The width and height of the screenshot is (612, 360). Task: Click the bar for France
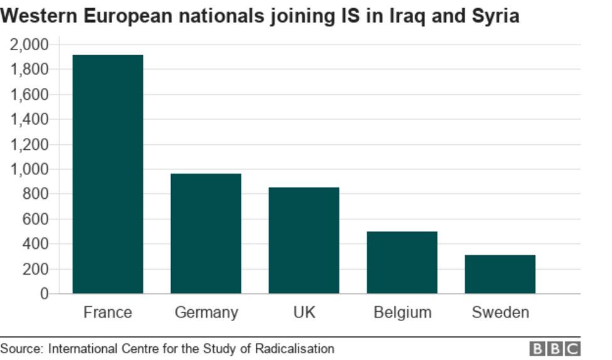pos(108,174)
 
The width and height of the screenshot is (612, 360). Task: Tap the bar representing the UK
pos(303,240)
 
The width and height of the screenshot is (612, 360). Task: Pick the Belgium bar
pos(402,262)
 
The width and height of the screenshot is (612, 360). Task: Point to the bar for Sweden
pos(500,274)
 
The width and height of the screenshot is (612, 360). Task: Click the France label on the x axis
pos(108,312)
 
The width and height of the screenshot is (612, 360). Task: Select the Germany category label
pos(206,312)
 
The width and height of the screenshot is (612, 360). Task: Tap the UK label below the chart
pos(304,312)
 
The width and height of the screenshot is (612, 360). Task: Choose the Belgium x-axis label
pos(402,312)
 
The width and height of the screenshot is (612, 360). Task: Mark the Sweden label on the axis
pos(500,312)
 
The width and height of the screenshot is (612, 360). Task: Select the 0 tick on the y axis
pos(44,294)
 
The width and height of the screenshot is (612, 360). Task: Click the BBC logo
pos(555,349)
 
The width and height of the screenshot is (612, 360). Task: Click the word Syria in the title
pos(495,16)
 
